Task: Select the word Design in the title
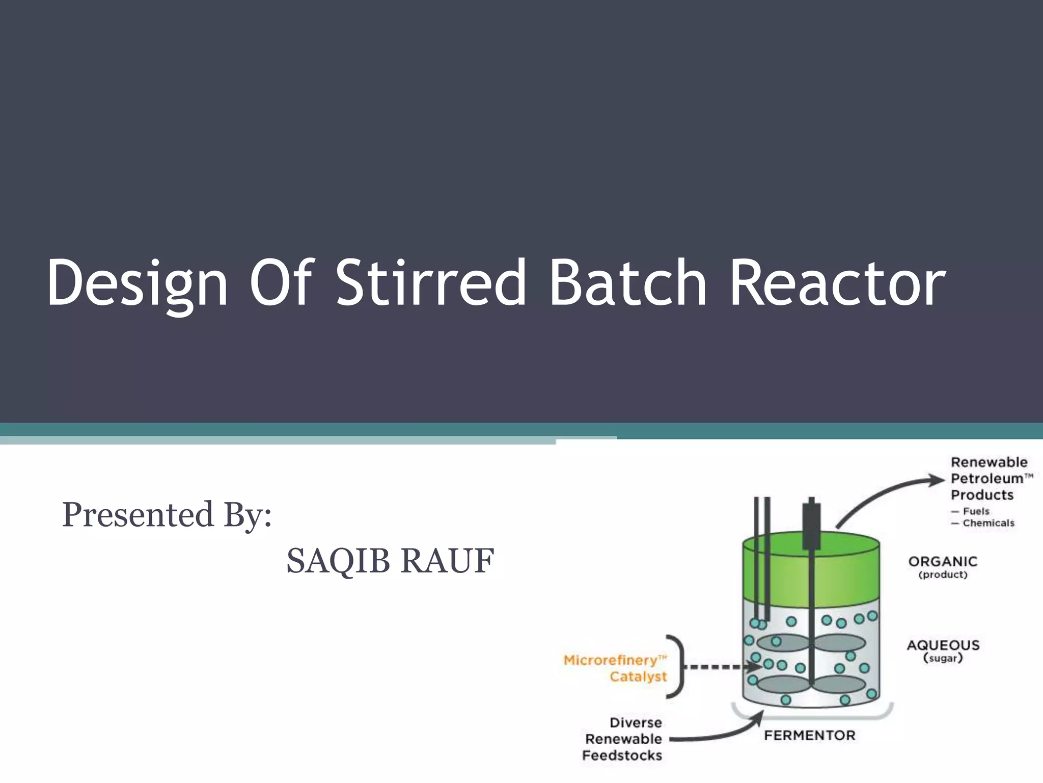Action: tap(136, 284)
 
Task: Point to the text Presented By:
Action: tap(167, 515)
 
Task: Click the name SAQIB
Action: tap(338, 561)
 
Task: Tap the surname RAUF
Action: tap(447, 561)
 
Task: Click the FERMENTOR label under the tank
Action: tap(809, 735)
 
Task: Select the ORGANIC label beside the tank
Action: tap(943, 562)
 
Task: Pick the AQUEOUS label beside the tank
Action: tap(943, 645)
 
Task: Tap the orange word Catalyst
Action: tap(638, 676)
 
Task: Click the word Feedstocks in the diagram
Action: tap(622, 755)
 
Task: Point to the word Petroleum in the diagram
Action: tap(986, 479)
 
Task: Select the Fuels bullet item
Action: tap(975, 511)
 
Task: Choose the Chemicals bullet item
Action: tap(987, 523)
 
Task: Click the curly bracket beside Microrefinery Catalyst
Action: tap(677, 666)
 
